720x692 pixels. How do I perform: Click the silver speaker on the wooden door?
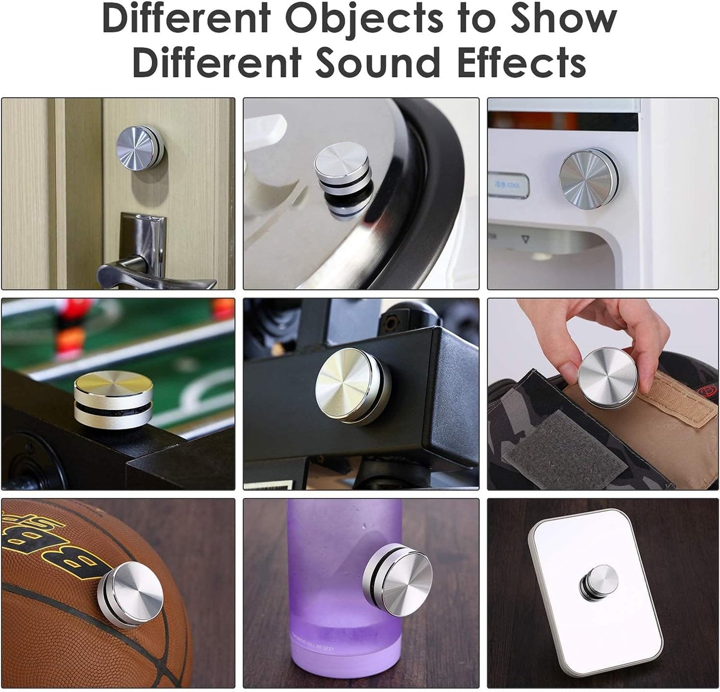(140, 147)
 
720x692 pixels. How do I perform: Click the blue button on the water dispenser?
(509, 185)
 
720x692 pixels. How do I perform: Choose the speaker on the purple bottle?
(399, 580)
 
